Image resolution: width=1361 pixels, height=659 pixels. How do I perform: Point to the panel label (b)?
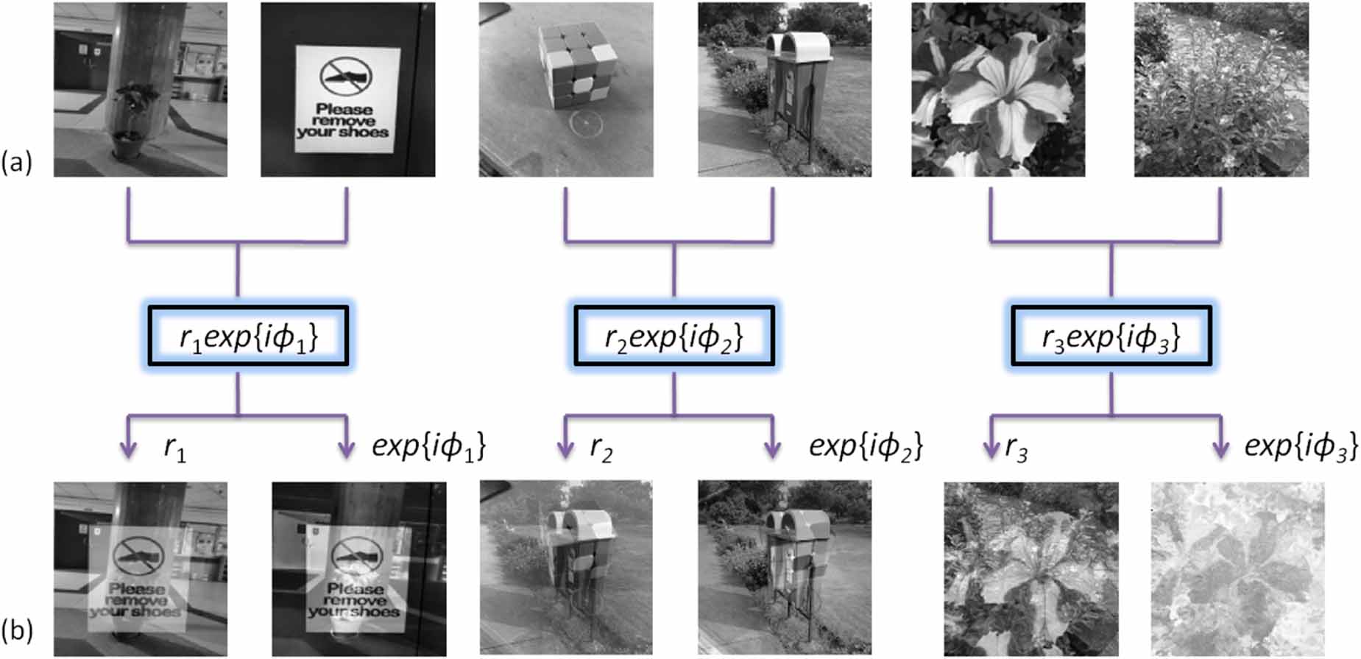tap(17, 630)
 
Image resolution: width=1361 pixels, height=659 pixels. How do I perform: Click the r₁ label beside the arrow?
tap(175, 448)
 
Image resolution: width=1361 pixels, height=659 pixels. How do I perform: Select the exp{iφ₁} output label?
tap(428, 446)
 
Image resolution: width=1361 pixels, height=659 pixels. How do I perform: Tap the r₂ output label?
tap(601, 448)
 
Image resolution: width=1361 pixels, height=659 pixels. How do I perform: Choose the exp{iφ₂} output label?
tap(866, 446)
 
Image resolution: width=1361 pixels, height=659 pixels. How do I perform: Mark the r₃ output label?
tap(1017, 448)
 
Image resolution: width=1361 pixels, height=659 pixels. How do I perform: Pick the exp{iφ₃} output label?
tap(1301, 446)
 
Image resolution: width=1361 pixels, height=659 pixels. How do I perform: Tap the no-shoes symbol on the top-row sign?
tap(346, 76)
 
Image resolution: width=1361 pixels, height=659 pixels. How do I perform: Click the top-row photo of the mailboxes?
tap(785, 90)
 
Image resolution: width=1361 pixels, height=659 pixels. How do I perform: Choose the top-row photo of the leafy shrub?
tap(1221, 90)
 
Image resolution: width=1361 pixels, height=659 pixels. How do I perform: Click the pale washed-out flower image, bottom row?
tap(1237, 568)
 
